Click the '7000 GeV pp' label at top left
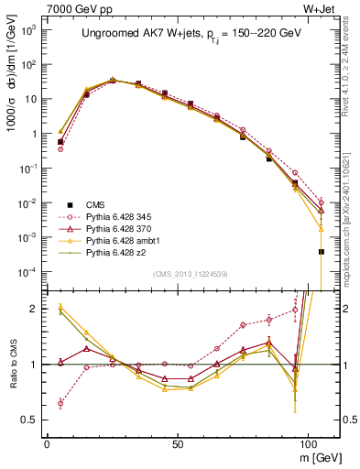[73, 7]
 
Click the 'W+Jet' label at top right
[320, 7]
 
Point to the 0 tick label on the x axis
[47, 442]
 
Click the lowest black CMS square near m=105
[322, 251]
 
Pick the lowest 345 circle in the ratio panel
[60, 403]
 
